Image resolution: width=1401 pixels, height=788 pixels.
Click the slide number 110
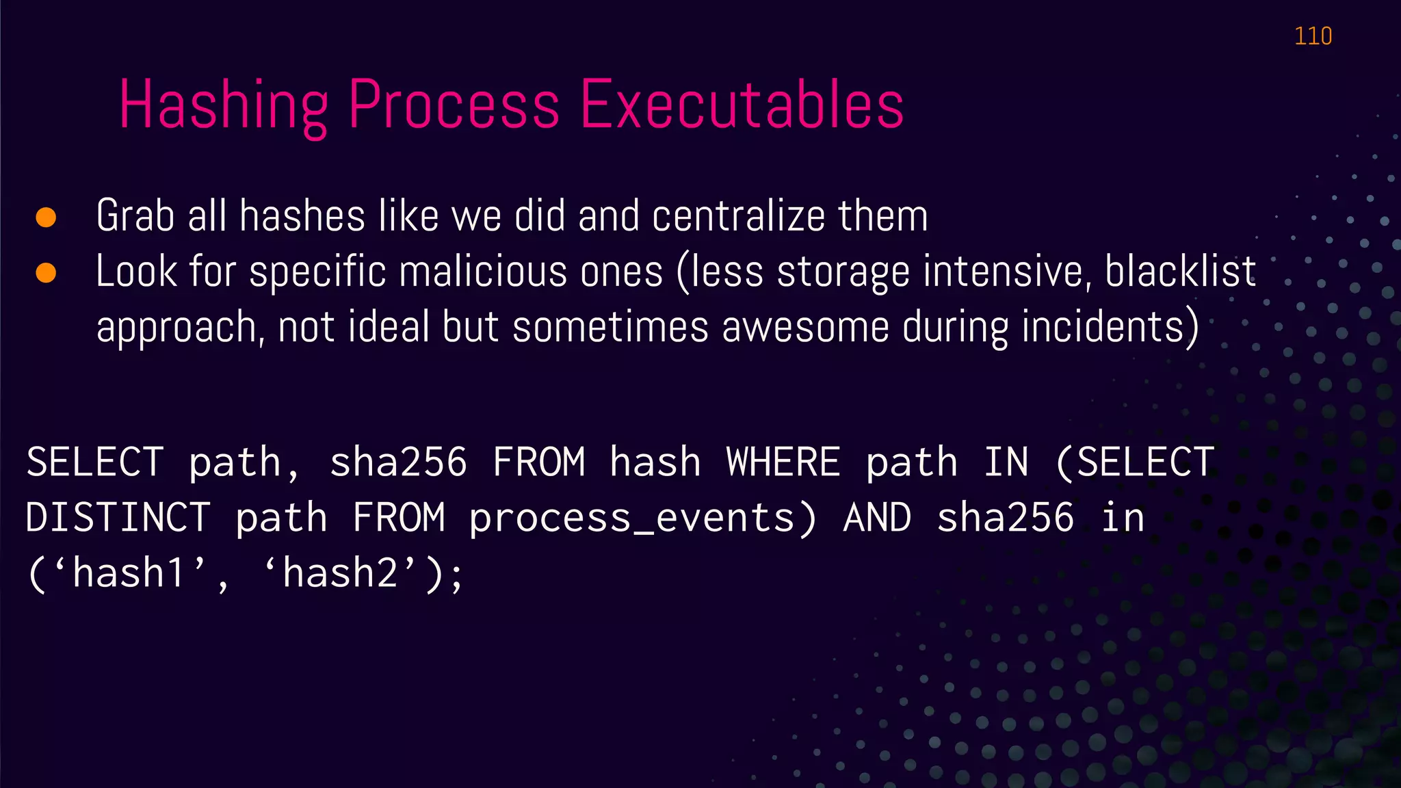(1313, 36)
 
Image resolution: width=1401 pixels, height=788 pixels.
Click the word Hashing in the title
(224, 105)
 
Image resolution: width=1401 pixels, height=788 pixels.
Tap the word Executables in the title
(742, 105)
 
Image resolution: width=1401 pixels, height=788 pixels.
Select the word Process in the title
(454, 105)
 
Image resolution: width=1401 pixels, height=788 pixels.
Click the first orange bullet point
(46, 217)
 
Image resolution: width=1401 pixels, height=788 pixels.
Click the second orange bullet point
(46, 272)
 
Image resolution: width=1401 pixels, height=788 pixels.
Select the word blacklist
(1180, 272)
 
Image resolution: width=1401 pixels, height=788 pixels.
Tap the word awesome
(805, 326)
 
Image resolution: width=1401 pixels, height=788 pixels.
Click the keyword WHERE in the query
(783, 462)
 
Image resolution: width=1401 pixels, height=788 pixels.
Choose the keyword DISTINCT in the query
(118, 517)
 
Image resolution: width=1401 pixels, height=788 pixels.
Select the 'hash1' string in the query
(129, 573)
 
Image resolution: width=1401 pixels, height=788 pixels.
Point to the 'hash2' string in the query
(340, 573)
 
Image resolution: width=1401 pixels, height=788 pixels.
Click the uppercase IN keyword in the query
(1006, 462)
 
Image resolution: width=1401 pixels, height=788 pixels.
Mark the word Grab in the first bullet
(135, 215)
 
